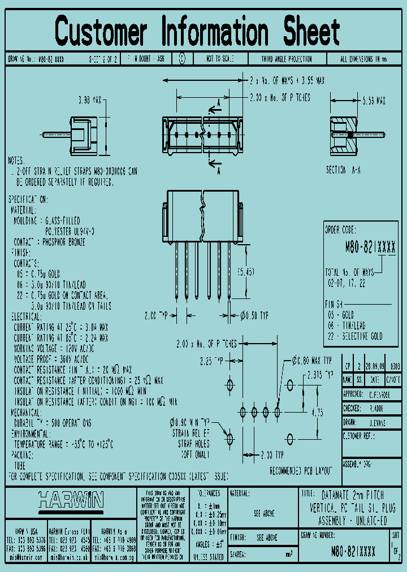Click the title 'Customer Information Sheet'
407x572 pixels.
pos(198,31)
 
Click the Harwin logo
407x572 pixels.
pos(71,500)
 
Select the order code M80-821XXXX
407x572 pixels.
pos(370,248)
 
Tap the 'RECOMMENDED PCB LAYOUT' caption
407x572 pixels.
pos(301,470)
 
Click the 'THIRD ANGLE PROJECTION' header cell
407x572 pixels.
pos(286,59)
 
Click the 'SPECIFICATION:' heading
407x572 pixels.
pos(28,200)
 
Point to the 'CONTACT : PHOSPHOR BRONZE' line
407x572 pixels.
pos(49,242)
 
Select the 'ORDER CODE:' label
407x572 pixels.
pos(341,230)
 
